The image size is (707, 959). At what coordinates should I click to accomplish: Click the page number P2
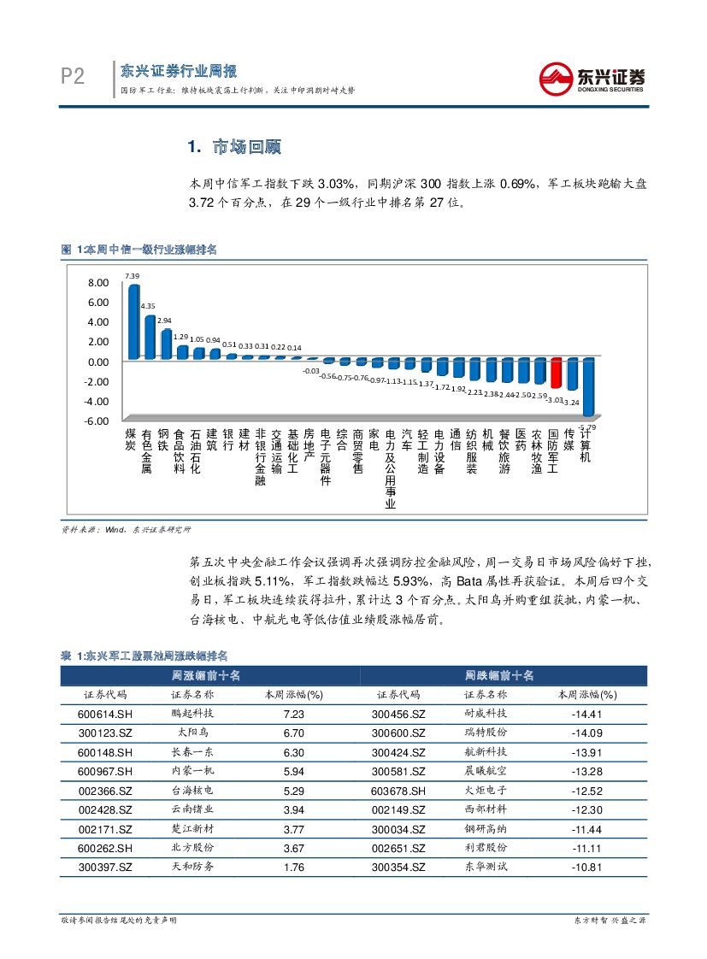[x=73, y=78]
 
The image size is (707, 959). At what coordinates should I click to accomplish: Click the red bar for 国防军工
[x=556, y=374]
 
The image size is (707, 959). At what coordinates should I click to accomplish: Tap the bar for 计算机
[x=588, y=387]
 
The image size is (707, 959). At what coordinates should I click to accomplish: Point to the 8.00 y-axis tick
[x=97, y=283]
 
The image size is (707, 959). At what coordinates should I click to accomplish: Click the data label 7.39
[x=132, y=276]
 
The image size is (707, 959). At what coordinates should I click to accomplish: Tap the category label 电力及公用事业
[x=391, y=469]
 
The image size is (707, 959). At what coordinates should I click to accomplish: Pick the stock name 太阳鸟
[x=192, y=733]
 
